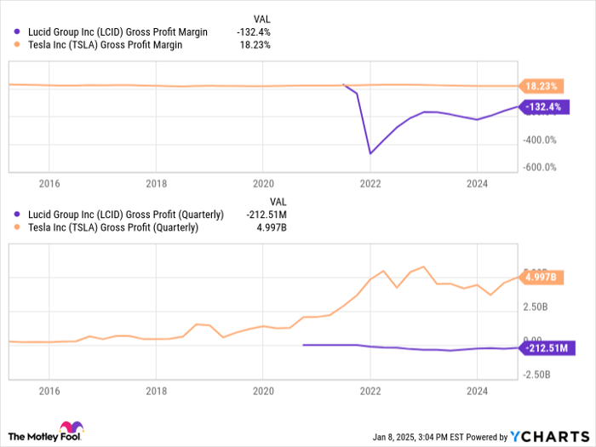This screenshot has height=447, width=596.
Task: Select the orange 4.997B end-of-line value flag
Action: coord(542,278)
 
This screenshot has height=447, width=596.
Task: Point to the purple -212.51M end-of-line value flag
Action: coord(547,347)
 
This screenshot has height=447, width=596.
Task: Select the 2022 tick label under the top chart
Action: coord(370,183)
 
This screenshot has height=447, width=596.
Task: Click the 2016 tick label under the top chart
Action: coord(49,183)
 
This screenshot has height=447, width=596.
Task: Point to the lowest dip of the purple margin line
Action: coord(370,153)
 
